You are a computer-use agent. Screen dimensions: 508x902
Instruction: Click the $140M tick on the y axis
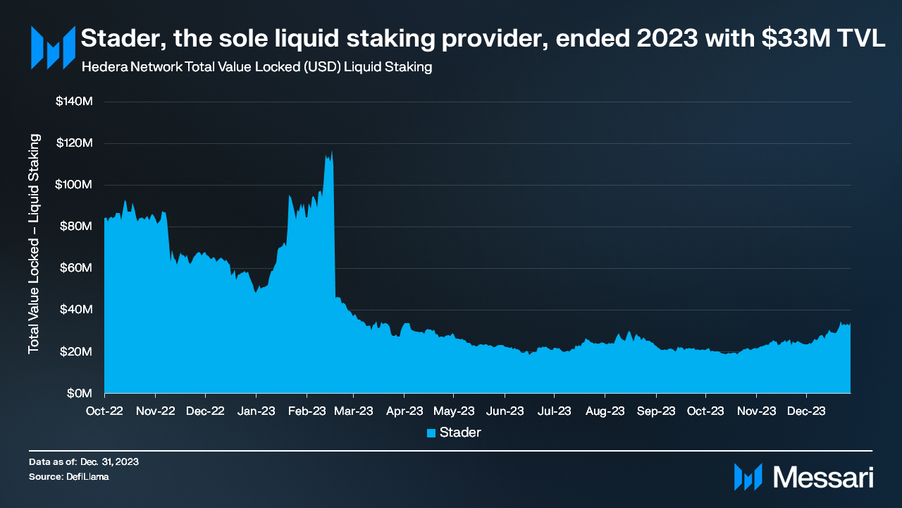(x=74, y=102)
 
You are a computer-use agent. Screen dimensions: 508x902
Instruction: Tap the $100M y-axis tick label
(x=74, y=185)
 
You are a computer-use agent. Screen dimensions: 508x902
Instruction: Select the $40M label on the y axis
(x=76, y=310)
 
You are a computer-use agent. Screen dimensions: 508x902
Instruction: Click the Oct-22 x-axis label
(x=104, y=410)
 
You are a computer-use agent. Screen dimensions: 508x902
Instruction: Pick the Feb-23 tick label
(x=306, y=410)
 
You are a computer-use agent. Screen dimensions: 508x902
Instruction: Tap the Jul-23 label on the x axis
(x=554, y=410)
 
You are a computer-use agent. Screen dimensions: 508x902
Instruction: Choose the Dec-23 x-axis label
(x=806, y=410)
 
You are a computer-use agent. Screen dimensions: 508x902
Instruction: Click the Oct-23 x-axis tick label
(x=705, y=410)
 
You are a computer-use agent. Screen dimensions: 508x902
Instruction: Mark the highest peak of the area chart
(x=332, y=151)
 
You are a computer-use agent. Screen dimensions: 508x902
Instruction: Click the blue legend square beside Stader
(x=431, y=433)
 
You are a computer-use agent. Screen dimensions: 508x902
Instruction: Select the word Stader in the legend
(x=460, y=433)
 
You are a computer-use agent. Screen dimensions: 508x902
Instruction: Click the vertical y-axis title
(x=34, y=244)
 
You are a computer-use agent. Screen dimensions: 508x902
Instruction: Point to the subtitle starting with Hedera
(x=257, y=68)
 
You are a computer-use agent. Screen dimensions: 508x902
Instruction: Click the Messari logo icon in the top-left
(x=53, y=47)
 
